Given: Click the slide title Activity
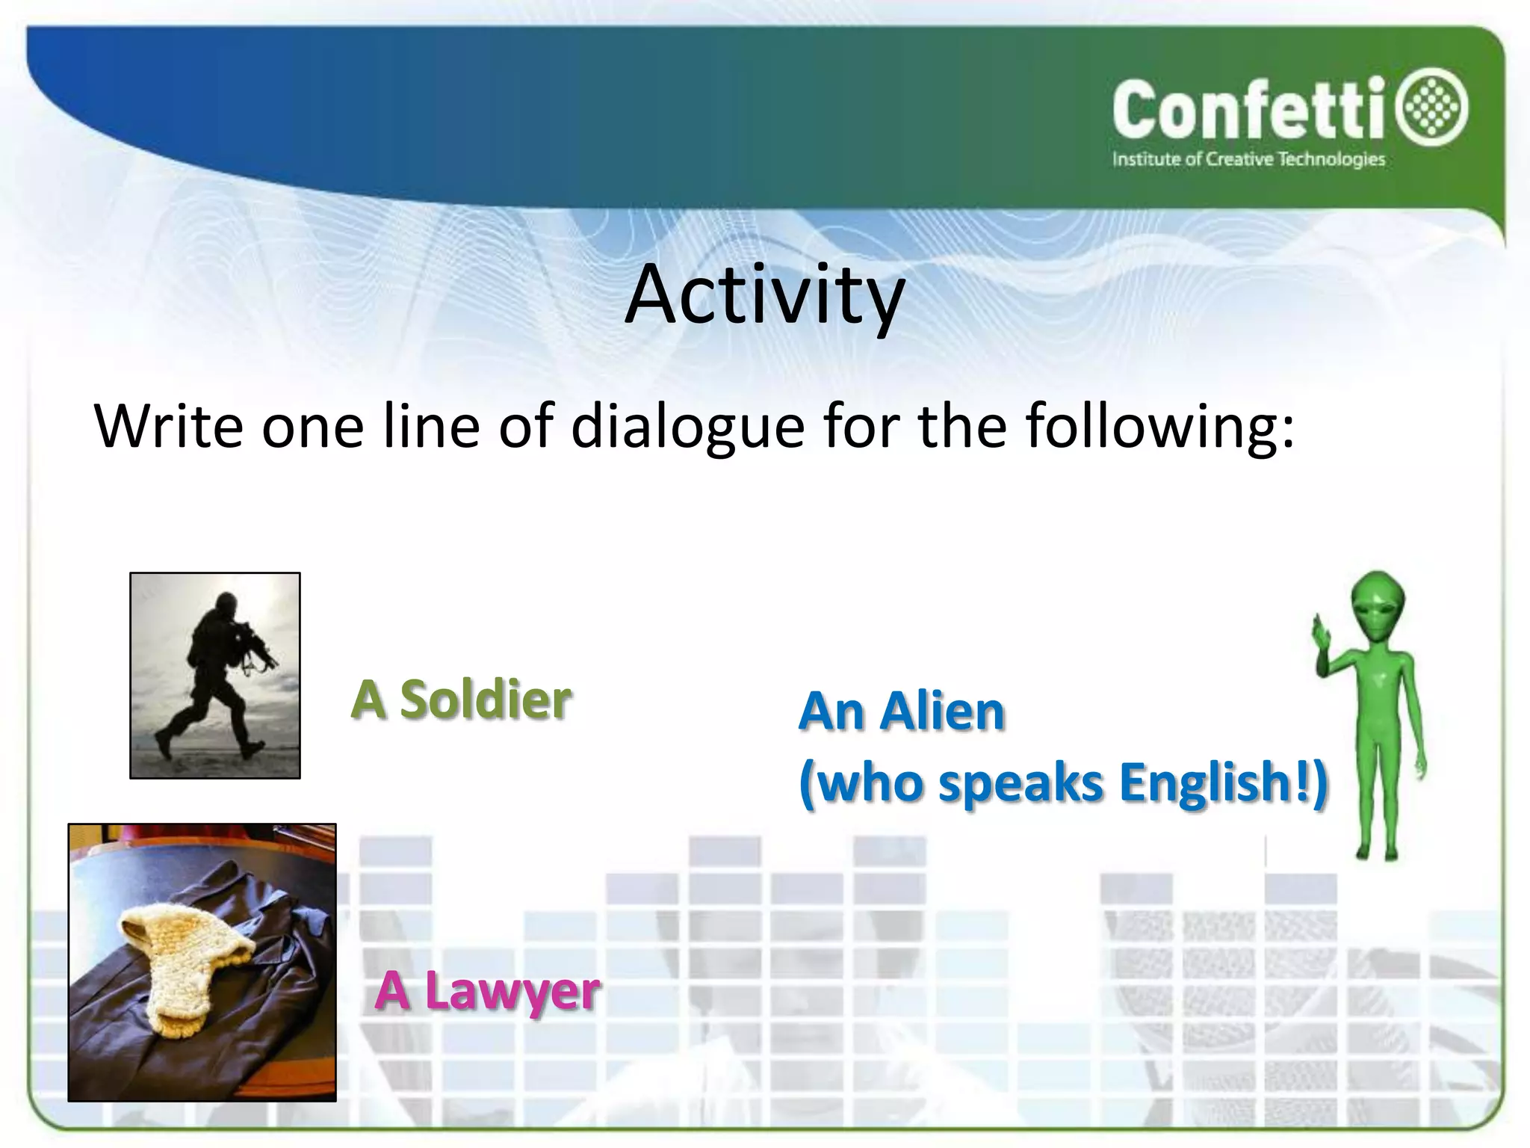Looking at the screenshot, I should pos(765,295).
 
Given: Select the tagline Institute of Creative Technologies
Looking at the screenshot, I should pos(1248,159).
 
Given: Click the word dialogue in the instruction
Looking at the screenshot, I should pos(688,426).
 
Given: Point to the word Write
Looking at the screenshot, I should pos(169,426).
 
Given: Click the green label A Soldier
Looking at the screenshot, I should pos(461,700).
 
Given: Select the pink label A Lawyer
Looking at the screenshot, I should pos(487,990).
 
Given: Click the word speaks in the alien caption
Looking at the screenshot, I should pos(1020,783).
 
